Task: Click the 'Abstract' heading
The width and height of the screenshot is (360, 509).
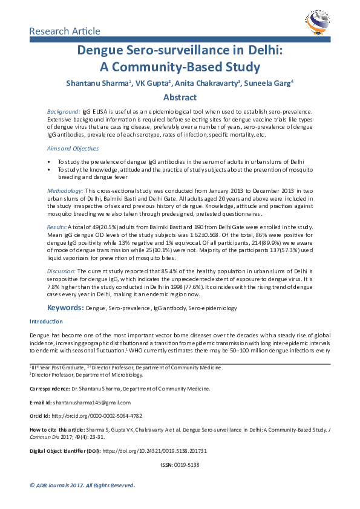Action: (180, 97)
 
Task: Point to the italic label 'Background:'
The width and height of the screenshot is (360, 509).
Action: (64, 112)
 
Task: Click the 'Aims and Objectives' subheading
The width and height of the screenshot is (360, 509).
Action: (73, 148)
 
